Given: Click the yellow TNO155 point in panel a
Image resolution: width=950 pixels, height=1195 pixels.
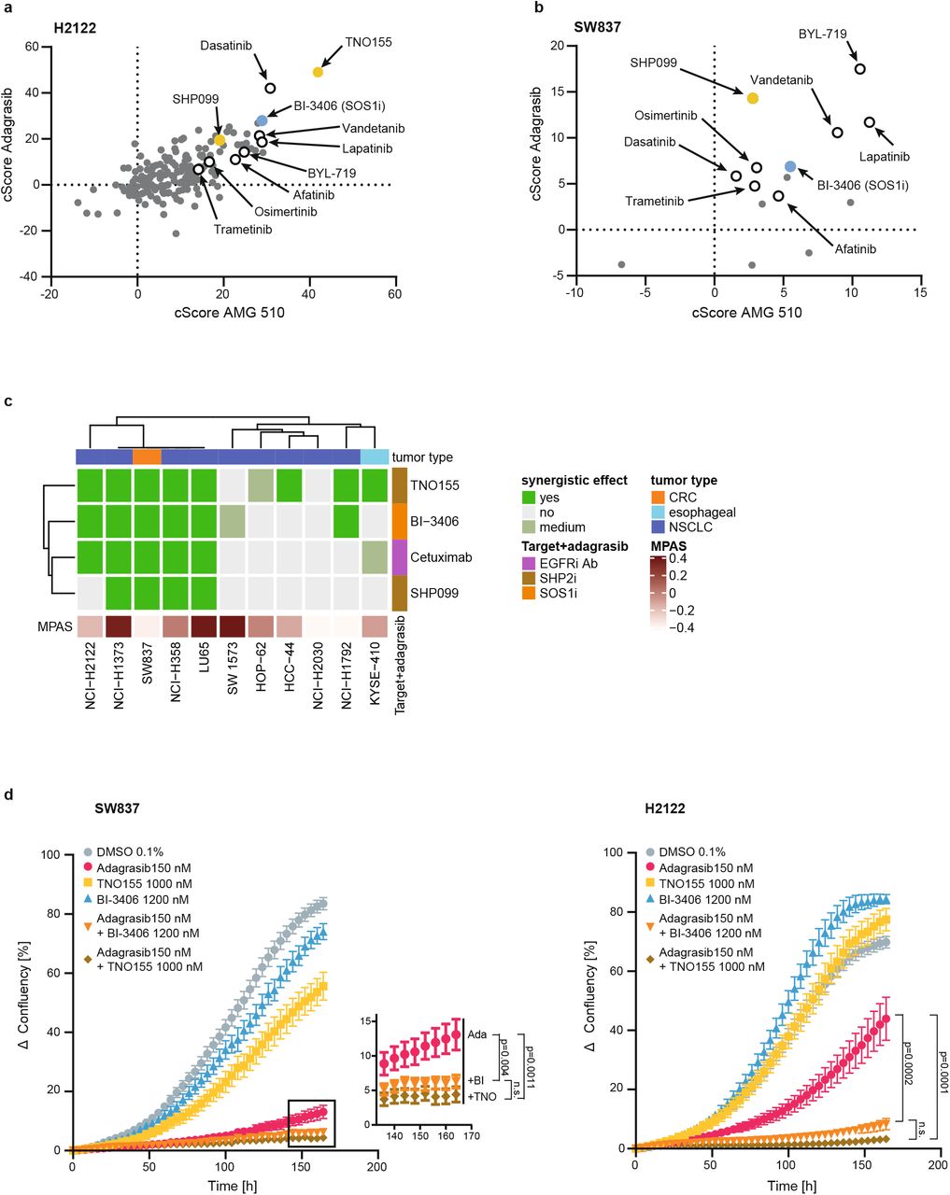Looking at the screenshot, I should (x=318, y=72).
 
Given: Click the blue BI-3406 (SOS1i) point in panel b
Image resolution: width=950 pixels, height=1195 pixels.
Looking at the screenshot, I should (x=790, y=166).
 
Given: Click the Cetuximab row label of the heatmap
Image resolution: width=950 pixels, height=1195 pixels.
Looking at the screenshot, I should (x=435, y=556).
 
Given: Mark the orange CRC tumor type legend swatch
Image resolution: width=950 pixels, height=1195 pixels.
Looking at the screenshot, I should (x=658, y=498).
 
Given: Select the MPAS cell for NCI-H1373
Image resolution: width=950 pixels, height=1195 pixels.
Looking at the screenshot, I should (x=119, y=625).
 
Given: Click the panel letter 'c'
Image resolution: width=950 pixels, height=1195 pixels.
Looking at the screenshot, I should (x=8, y=401).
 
